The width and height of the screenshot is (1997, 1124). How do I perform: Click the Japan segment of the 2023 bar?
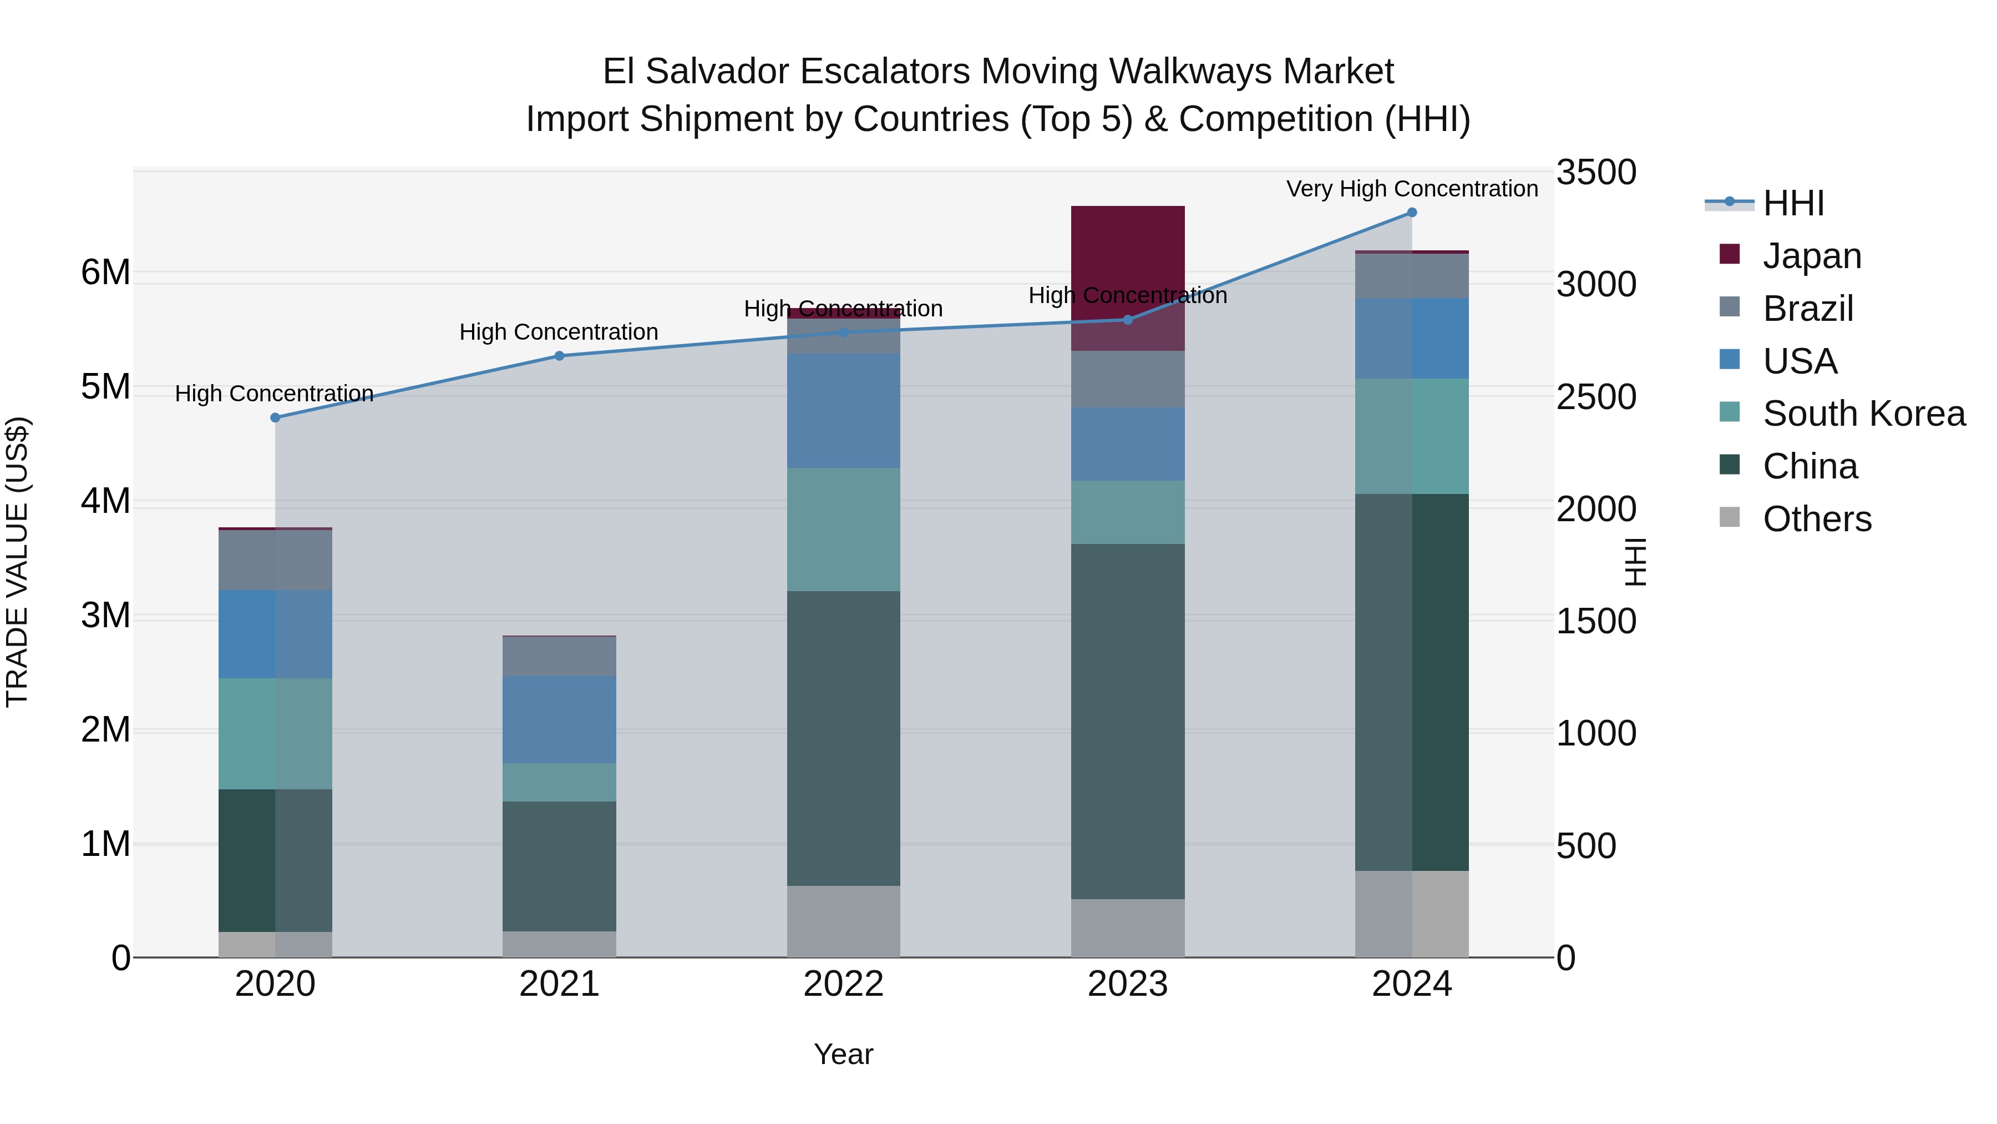(x=1127, y=248)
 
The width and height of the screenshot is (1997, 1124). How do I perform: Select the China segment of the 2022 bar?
(x=843, y=738)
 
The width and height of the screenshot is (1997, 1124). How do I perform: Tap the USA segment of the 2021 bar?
(x=559, y=719)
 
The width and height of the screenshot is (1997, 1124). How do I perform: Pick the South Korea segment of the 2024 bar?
(x=1412, y=436)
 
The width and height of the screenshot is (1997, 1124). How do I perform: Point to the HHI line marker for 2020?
(x=275, y=417)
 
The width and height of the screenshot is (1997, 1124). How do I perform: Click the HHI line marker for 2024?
(x=1412, y=213)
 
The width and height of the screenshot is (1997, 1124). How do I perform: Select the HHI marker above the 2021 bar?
(x=559, y=356)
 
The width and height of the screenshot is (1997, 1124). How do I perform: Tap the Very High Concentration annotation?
(x=1412, y=189)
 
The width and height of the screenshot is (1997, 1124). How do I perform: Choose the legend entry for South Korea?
(x=1864, y=414)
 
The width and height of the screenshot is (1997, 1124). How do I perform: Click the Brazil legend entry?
(x=1807, y=309)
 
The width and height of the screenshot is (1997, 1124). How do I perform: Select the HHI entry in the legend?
(x=1793, y=203)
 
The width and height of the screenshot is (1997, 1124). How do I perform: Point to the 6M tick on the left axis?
(x=105, y=273)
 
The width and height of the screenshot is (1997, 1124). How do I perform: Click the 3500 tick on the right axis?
(x=1596, y=172)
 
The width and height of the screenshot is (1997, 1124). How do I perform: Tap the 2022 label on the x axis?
(x=843, y=984)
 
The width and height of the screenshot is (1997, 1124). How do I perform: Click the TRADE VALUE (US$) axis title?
(x=17, y=562)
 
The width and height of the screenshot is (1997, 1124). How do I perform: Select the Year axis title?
(x=843, y=1054)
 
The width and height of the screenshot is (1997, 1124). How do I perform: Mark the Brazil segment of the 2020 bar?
(x=275, y=560)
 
